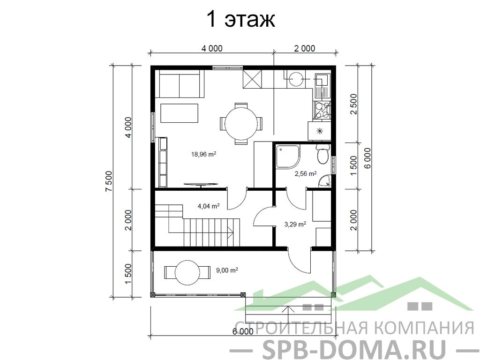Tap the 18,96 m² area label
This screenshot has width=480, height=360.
pyautogui.click(x=203, y=154)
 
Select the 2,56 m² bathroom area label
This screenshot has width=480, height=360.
pyautogui.click(x=306, y=174)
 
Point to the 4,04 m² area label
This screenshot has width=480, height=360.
pyautogui.click(x=209, y=206)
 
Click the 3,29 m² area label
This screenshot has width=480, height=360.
pyautogui.click(x=295, y=225)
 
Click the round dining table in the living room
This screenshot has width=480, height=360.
pyautogui.click(x=241, y=124)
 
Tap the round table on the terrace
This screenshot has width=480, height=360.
pyautogui.click(x=187, y=272)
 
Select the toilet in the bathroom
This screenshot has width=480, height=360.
pyautogui.click(x=323, y=154)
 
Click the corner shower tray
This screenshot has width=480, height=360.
pyautogui.click(x=288, y=157)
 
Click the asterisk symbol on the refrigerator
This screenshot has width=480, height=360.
pyautogui.click(x=320, y=131)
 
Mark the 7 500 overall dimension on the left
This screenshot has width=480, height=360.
pyautogui.click(x=109, y=181)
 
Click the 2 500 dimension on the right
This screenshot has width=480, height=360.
pyautogui.click(x=353, y=104)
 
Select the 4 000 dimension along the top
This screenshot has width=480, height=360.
pyautogui.click(x=212, y=48)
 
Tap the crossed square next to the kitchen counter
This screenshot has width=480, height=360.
pyautogui.click(x=253, y=79)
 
